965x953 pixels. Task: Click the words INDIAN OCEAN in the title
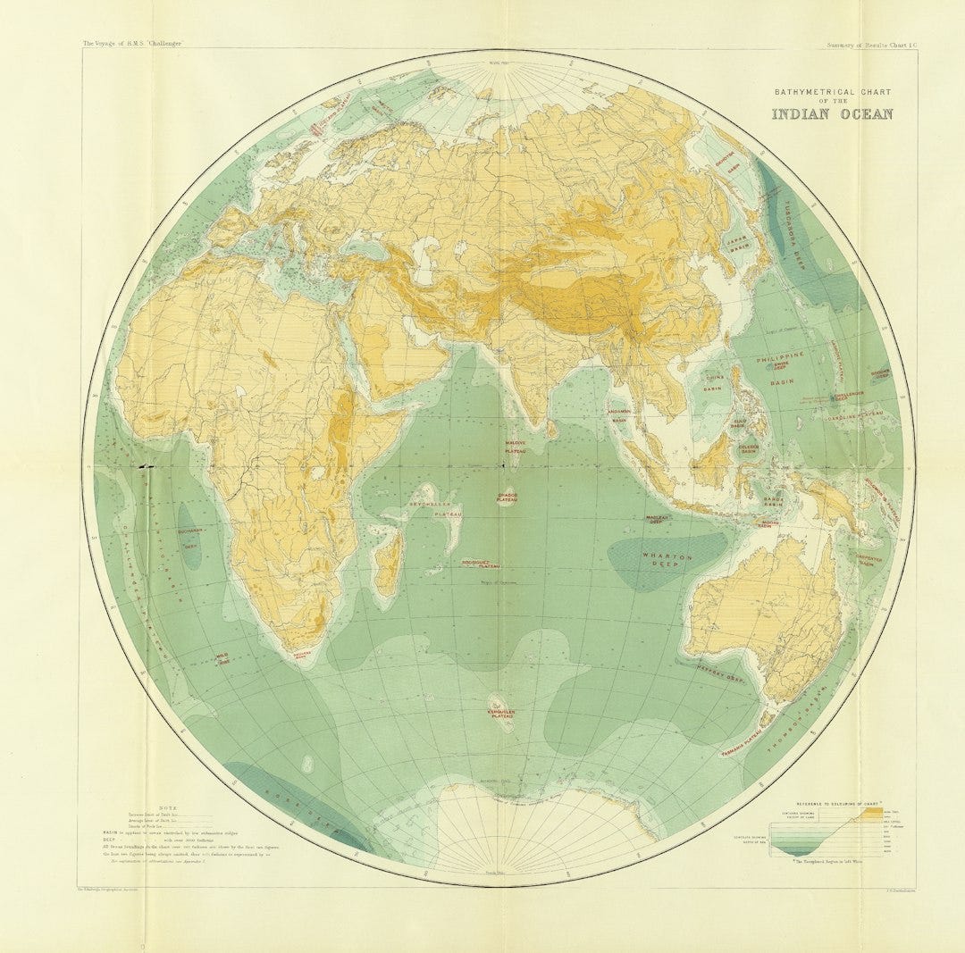832,113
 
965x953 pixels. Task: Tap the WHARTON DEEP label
667,560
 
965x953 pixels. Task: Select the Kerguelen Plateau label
503,713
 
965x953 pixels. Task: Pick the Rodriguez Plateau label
480,564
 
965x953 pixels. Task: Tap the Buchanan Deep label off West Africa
191,534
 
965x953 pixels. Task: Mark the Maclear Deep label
659,520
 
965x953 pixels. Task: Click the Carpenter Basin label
868,561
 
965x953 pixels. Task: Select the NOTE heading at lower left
167,807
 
